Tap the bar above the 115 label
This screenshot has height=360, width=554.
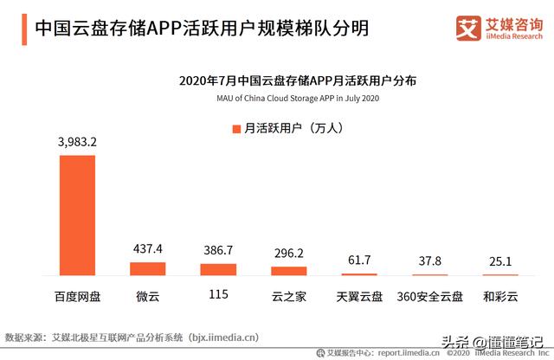218,269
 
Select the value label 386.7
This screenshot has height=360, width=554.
218,250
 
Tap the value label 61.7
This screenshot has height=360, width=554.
359,260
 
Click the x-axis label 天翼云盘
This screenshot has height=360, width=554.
359,296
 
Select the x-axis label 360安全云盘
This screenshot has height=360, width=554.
430,296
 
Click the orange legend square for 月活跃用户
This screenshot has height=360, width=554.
235,129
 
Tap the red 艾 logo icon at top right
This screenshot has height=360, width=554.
468,29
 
